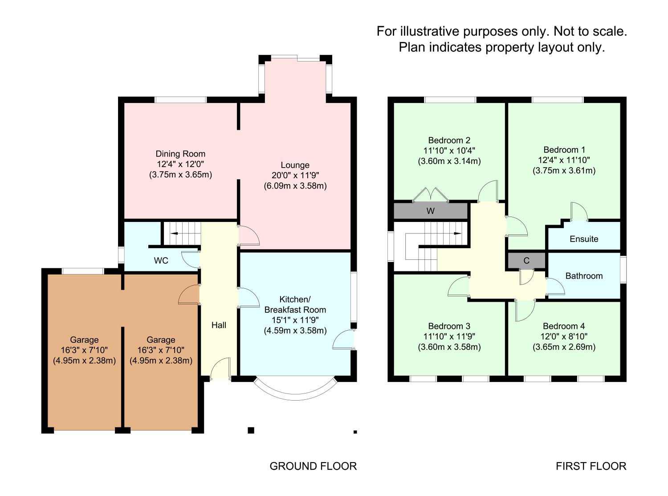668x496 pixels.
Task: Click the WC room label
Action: coord(161,261)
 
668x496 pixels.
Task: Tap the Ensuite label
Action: coord(584,239)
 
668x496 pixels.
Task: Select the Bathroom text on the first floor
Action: coord(584,276)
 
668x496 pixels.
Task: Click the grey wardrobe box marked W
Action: coord(430,211)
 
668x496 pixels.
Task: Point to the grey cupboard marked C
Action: coord(526,261)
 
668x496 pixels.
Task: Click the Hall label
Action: coord(219,325)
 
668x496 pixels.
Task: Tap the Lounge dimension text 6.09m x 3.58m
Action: coord(295,186)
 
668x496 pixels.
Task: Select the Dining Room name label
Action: coord(180,154)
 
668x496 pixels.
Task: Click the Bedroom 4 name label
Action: coord(564,326)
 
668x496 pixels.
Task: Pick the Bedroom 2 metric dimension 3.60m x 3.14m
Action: coord(449,161)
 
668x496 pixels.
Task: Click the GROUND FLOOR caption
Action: coord(313,466)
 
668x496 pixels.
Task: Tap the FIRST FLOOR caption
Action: coord(591,466)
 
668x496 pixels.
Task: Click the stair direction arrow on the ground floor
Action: coord(175,233)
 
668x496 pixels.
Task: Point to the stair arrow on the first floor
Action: coord(458,233)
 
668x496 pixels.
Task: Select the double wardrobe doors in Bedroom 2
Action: coord(430,194)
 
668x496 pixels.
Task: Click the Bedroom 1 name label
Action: coord(564,150)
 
